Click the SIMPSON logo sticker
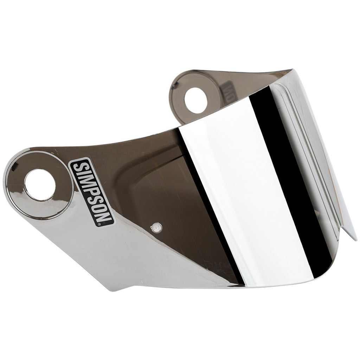pos(92,192)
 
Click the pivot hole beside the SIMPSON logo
pos(40,185)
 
